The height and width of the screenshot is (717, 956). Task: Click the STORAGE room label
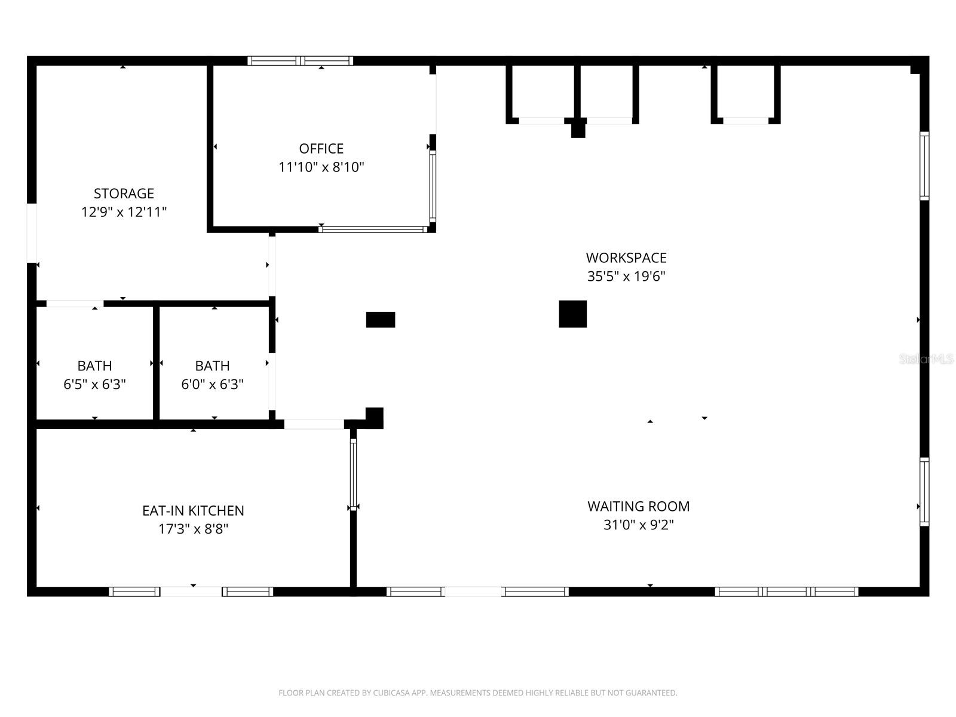point(124,194)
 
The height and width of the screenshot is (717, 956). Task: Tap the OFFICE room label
point(321,149)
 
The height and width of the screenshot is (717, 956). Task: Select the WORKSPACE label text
point(626,258)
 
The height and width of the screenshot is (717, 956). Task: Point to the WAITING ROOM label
point(638,507)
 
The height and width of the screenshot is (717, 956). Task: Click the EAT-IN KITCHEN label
point(193,511)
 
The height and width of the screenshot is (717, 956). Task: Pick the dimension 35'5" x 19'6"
point(626,277)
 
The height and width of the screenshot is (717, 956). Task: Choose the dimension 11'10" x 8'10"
point(321,167)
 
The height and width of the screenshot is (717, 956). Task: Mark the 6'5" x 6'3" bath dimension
point(94,384)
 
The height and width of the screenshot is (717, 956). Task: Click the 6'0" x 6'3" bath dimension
point(212,384)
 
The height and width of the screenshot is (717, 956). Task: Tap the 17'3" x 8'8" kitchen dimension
point(193,529)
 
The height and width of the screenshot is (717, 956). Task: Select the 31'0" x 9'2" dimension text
point(638,525)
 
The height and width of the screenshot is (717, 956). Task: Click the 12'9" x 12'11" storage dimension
point(124,212)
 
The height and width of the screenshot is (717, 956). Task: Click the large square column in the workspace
point(572,314)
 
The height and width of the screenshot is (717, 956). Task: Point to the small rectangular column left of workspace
point(381,320)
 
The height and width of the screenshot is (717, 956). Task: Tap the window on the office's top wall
point(301,60)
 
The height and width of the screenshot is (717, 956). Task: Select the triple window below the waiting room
point(786,592)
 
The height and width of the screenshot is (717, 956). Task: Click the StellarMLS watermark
point(926,359)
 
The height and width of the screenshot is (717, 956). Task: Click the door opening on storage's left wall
point(32,233)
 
